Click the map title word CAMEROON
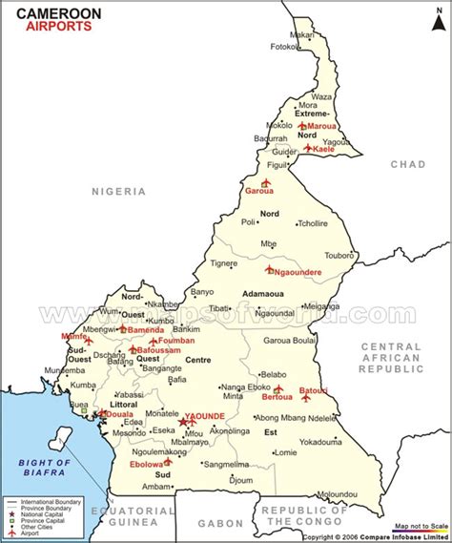[44, 11]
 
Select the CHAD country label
[407, 164]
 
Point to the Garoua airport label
[259, 191]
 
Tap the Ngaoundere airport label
[297, 272]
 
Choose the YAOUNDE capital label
[205, 416]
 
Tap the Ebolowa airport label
[147, 465]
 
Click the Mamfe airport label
[72, 337]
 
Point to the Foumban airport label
[176, 341]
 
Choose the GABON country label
[220, 523]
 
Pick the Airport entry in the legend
[32, 532]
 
